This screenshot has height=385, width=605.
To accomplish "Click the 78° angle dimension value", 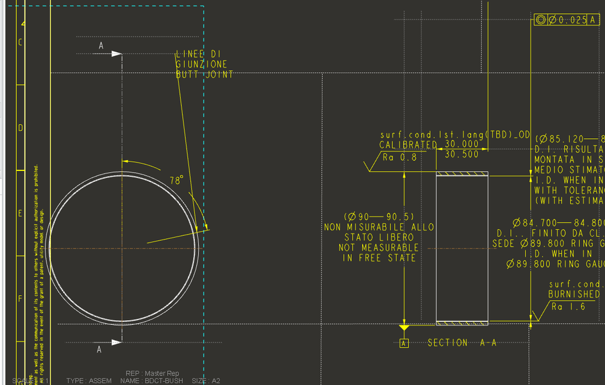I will tap(176, 181).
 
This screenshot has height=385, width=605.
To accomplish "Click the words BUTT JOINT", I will tap(204, 75).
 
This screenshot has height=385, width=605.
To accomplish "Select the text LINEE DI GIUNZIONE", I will tap(202, 59).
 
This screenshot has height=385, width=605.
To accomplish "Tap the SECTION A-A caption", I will tap(462, 343).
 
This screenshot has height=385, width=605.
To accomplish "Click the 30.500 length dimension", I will tap(462, 155).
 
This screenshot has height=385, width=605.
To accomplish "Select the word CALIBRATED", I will tap(408, 145).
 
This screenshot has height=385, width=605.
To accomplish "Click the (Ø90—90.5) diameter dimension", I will tap(380, 216).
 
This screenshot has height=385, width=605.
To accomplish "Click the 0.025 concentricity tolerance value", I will tap(572, 20).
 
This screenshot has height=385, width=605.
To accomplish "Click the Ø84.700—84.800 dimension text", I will tap(558, 223).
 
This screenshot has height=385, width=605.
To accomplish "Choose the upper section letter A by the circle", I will tap(101, 45).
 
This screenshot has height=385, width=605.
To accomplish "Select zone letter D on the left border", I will tap(21, 128).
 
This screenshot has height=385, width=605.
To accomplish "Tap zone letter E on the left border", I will tap(21, 213).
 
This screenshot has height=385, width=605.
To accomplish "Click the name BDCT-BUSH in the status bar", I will tap(162, 381).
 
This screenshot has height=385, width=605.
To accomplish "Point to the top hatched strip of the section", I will tap(462, 175).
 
